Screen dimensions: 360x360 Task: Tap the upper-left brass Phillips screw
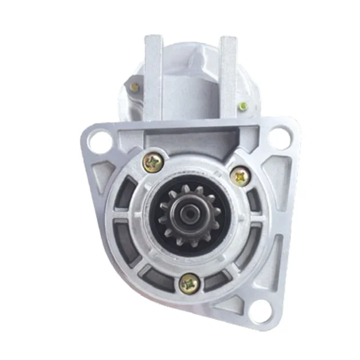point(153,163)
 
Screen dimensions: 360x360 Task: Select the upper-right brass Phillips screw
point(240,177)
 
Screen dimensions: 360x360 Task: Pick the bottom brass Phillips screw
point(187,283)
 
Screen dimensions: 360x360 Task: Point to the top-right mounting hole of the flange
point(279,136)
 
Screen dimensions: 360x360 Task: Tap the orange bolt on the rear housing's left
point(135,87)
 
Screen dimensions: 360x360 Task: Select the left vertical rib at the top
point(153,79)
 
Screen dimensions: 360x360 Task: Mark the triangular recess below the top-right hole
point(280,169)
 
